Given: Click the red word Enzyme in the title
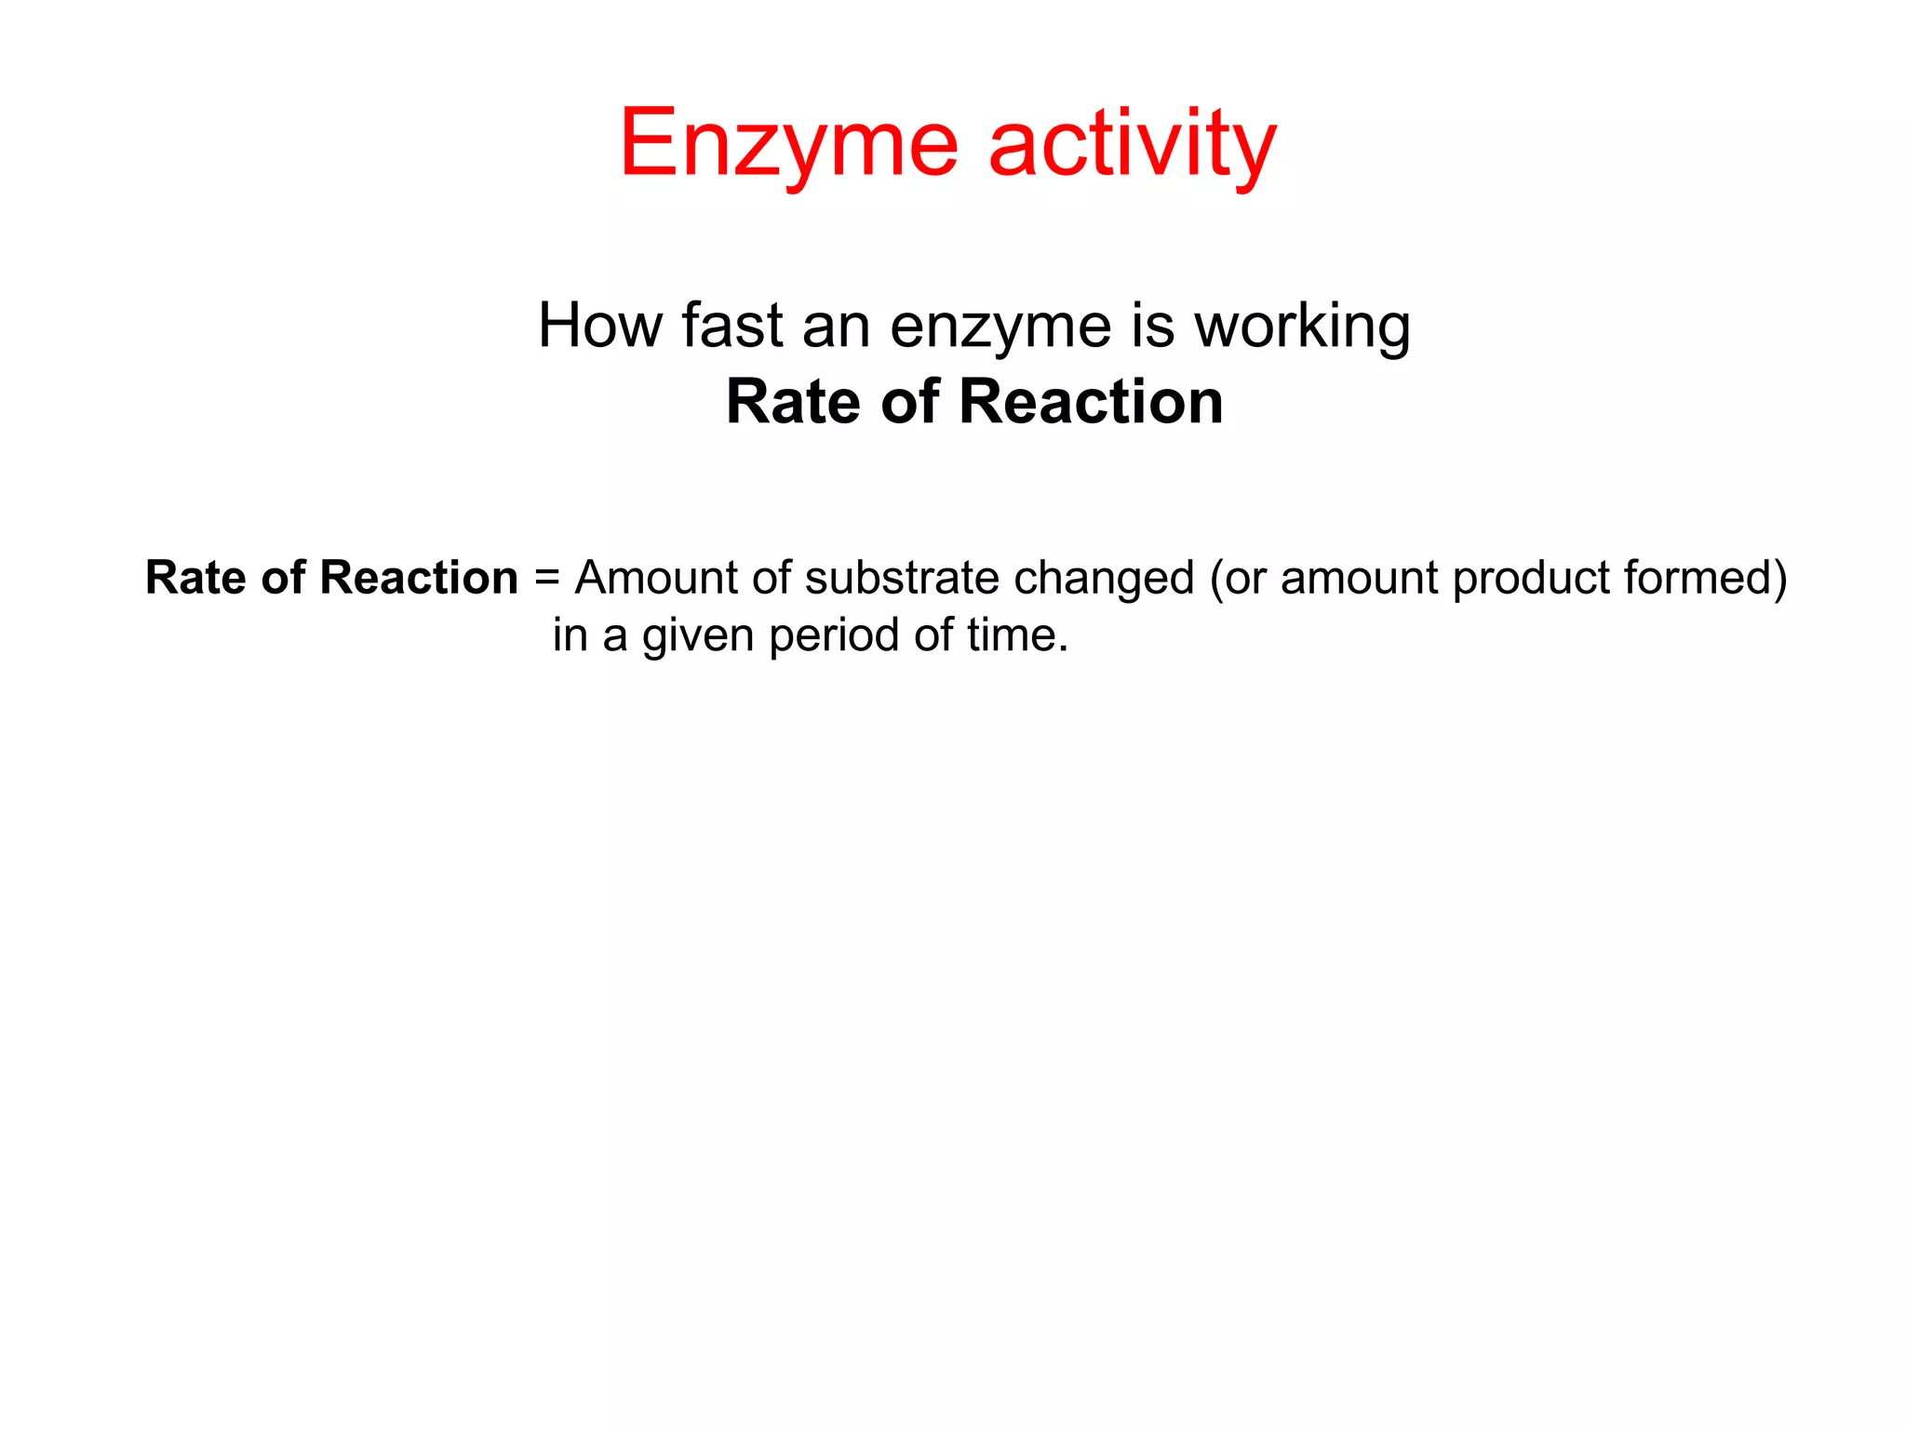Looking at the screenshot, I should click(788, 144).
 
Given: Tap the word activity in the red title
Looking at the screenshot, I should click(1133, 144).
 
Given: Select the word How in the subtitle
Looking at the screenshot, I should click(600, 327).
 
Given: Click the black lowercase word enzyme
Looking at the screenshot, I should click(1000, 328).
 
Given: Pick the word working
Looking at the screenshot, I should click(1302, 328).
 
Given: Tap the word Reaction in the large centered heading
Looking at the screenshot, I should click(1091, 402).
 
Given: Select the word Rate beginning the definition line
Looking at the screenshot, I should click(195, 578).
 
